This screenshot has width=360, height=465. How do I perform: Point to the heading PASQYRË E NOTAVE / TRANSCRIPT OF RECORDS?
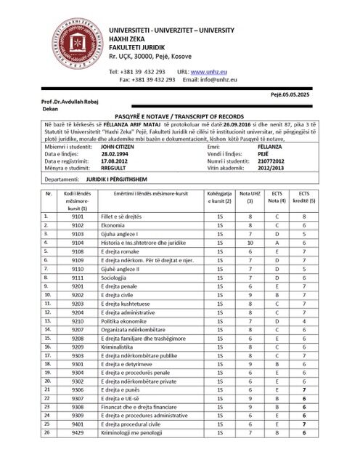coord(179,116)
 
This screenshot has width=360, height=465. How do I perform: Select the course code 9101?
coord(78,216)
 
